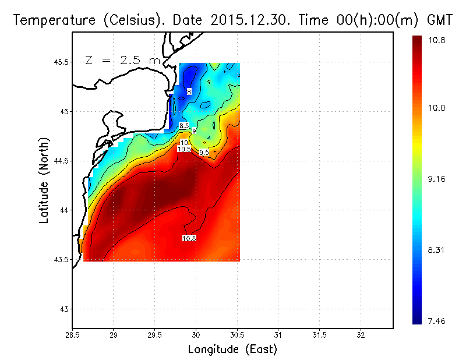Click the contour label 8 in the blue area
(189, 91)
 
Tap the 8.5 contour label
(184, 126)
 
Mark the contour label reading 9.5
(204, 153)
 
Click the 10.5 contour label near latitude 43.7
(189, 238)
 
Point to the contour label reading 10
(184, 143)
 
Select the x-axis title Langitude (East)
(232, 350)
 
